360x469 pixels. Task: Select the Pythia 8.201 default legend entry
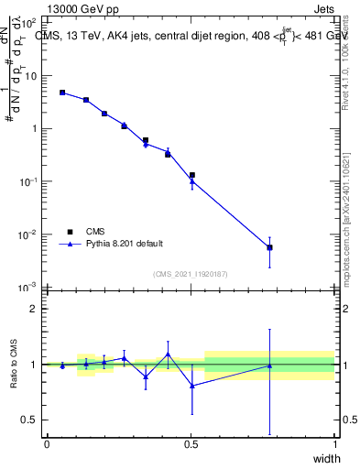click(124, 244)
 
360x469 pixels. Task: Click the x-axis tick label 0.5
click(191, 444)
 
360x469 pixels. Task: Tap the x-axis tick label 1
click(334, 444)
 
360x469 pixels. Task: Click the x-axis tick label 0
click(47, 444)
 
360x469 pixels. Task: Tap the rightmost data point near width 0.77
click(269, 247)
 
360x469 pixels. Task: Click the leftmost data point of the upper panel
click(62, 93)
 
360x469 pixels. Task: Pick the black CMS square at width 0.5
click(191, 175)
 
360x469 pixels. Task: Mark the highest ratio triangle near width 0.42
click(168, 354)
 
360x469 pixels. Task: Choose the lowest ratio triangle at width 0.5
click(191, 386)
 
